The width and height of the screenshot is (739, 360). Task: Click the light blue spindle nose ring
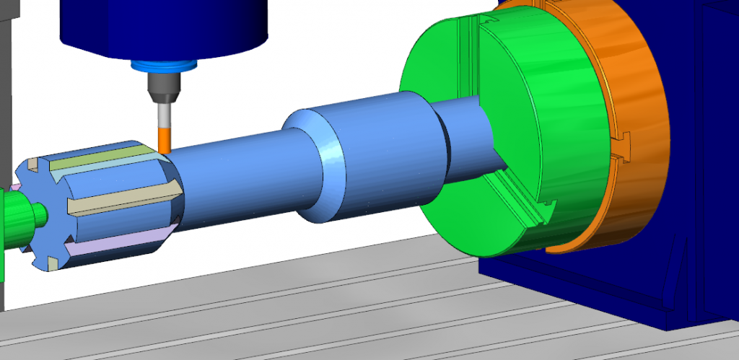tap(164, 67)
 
